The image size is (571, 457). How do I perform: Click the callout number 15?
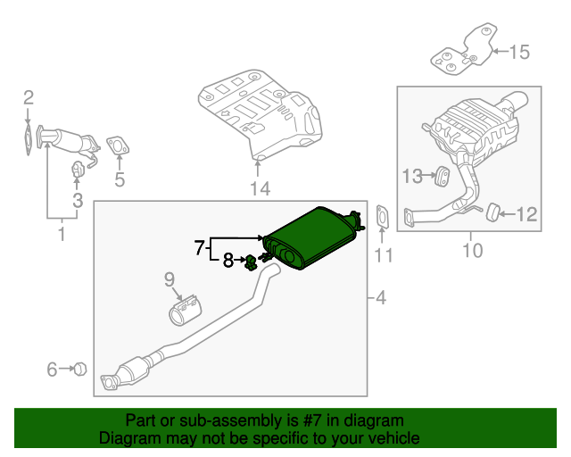[518, 52]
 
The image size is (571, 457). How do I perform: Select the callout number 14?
[259, 187]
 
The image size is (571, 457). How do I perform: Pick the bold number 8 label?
[228, 261]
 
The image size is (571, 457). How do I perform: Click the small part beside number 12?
[489, 212]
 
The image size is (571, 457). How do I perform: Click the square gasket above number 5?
[117, 145]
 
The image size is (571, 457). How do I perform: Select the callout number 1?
[62, 236]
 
